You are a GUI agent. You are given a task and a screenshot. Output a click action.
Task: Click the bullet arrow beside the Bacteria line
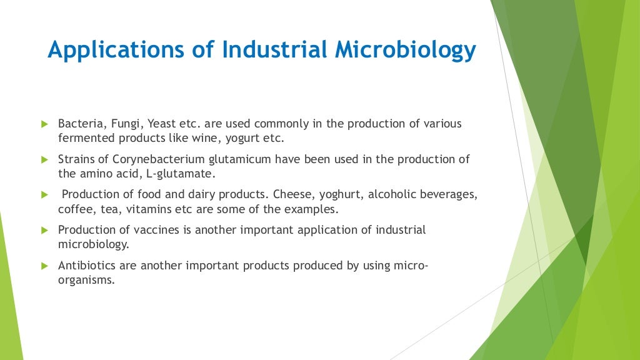(x=44, y=124)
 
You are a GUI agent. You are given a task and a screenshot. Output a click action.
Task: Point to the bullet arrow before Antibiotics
(x=44, y=266)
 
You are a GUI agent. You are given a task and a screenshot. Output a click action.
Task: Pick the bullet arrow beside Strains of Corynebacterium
(x=44, y=159)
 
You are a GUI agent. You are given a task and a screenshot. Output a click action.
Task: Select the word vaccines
(x=156, y=230)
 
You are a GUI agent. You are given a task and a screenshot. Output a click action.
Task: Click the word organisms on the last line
(x=86, y=280)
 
